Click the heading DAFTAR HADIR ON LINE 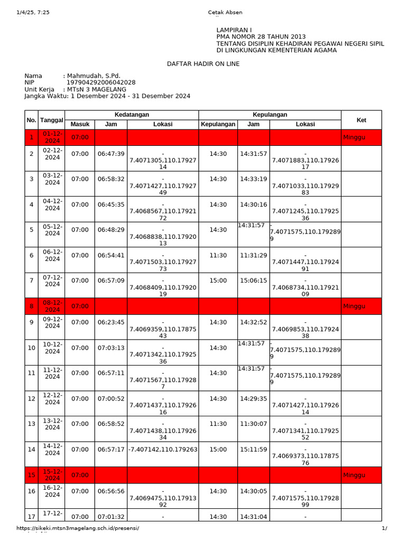[x=203, y=64]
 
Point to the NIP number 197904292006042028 [x=100, y=83]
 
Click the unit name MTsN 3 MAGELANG [x=96, y=90]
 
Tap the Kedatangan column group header [x=132, y=115]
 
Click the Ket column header [x=361, y=120]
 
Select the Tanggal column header [x=52, y=120]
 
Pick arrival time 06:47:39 [x=111, y=154]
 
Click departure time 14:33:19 [x=253, y=179]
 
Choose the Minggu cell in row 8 [x=354, y=306]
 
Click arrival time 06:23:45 [x=111, y=322]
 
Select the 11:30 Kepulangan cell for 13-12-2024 [x=218, y=424]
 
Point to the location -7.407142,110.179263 [x=163, y=450]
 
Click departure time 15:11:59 [x=253, y=450]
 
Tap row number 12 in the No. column [x=31, y=398]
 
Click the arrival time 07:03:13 [x=111, y=348]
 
